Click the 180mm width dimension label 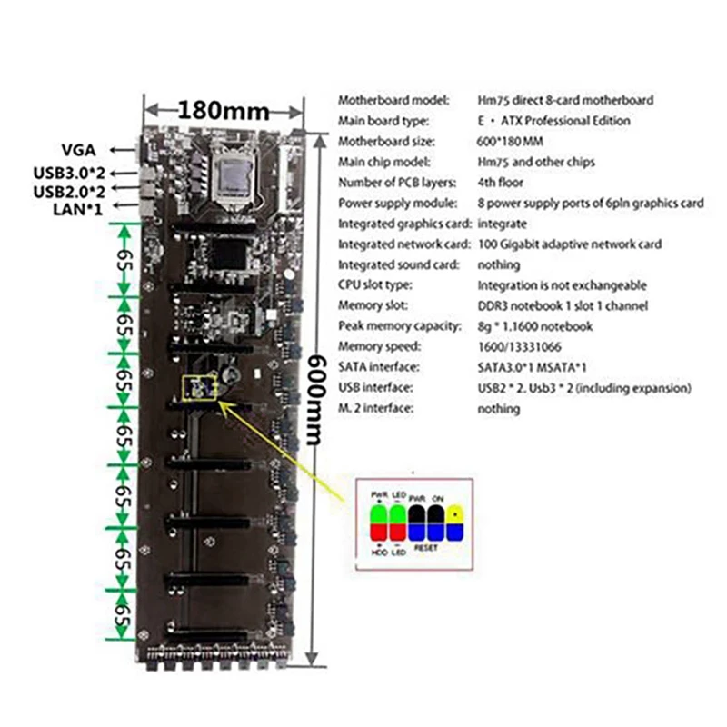(224, 111)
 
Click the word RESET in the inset (424, 549)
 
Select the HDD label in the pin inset (379, 549)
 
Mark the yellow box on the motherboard (201, 388)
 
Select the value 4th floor (502, 183)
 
